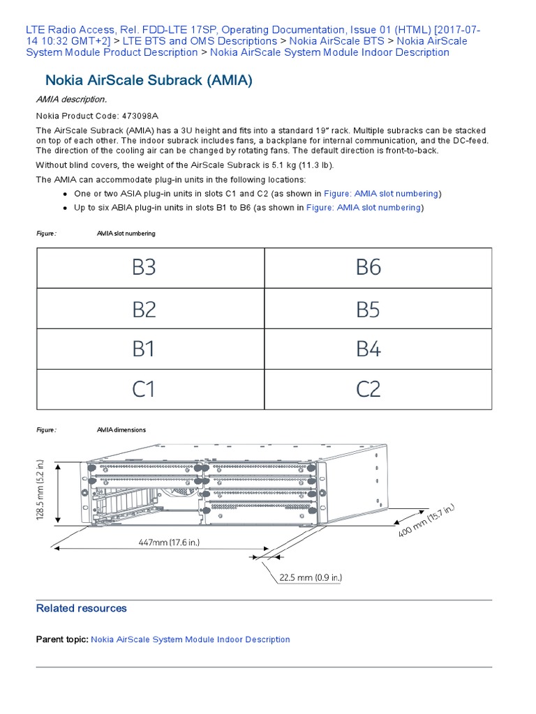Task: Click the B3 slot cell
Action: pyautogui.click(x=150, y=268)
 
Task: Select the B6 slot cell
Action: pyautogui.click(x=378, y=268)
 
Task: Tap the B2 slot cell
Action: pyautogui.click(x=150, y=309)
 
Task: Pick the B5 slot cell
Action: pyautogui.click(x=378, y=309)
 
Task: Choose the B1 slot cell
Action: pyautogui.click(x=150, y=349)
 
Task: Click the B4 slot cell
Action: pyautogui.click(x=378, y=349)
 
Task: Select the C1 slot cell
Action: pyautogui.click(x=150, y=390)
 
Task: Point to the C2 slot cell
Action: pyautogui.click(x=378, y=390)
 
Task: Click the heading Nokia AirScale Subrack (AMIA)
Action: pyautogui.click(x=149, y=80)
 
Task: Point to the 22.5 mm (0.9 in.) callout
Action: pyautogui.click(x=311, y=577)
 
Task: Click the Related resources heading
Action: pyautogui.click(x=82, y=608)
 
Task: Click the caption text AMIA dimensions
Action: pyautogui.click(x=121, y=430)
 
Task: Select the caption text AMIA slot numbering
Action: pyautogui.click(x=126, y=234)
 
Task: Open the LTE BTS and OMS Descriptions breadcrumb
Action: pyautogui.click(x=200, y=41)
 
